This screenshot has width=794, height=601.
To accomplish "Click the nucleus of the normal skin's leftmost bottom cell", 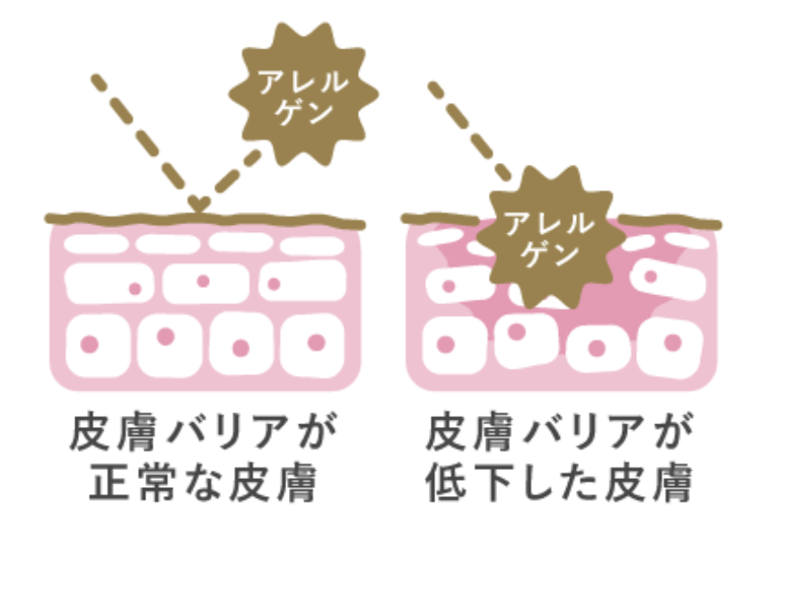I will pos(90,344).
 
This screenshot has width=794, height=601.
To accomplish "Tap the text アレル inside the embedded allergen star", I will pos(548,223).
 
